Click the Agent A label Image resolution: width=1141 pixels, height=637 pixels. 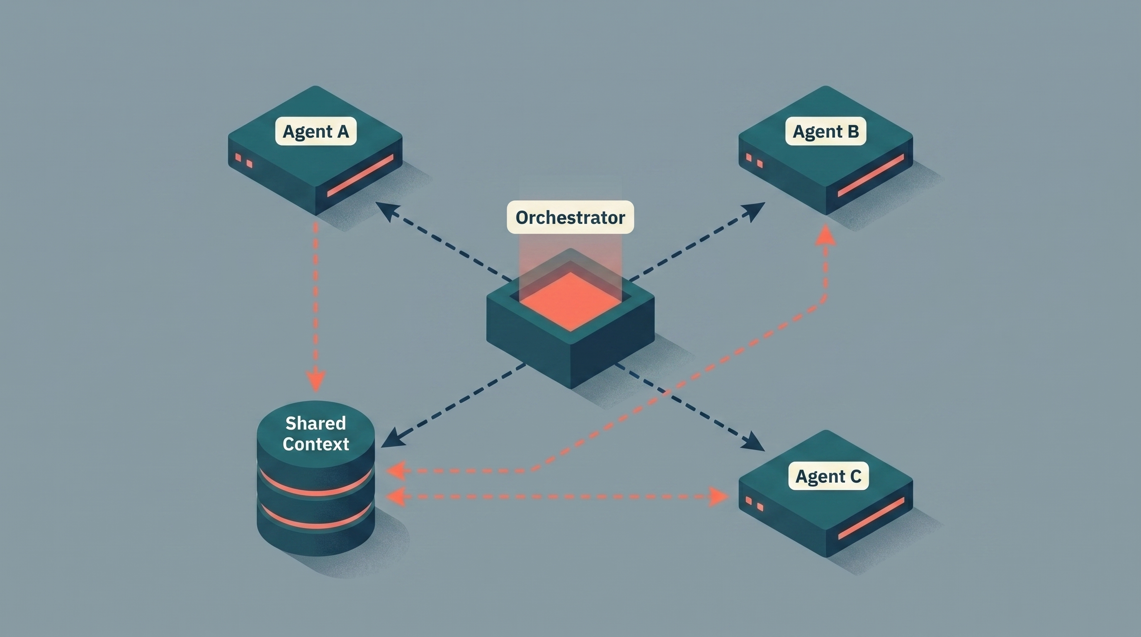point(316,131)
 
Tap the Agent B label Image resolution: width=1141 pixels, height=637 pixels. point(825,131)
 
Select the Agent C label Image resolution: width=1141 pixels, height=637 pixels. point(828,476)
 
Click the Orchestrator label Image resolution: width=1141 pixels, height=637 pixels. point(570,217)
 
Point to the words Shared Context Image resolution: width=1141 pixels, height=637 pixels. point(316,434)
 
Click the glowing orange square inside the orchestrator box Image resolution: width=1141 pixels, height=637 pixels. point(570,301)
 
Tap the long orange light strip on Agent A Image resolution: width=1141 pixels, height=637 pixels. point(361,175)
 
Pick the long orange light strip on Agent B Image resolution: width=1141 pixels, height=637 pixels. point(871,175)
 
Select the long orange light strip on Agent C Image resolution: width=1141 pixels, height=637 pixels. point(871,518)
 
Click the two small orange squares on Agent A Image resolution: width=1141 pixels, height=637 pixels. point(244,160)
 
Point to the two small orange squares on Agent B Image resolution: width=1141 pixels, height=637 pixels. point(754,160)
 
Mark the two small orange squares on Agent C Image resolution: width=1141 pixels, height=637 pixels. point(754,503)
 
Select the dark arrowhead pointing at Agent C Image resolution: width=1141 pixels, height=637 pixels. point(755,443)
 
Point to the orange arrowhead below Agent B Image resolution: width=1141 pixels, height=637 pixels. point(825,235)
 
